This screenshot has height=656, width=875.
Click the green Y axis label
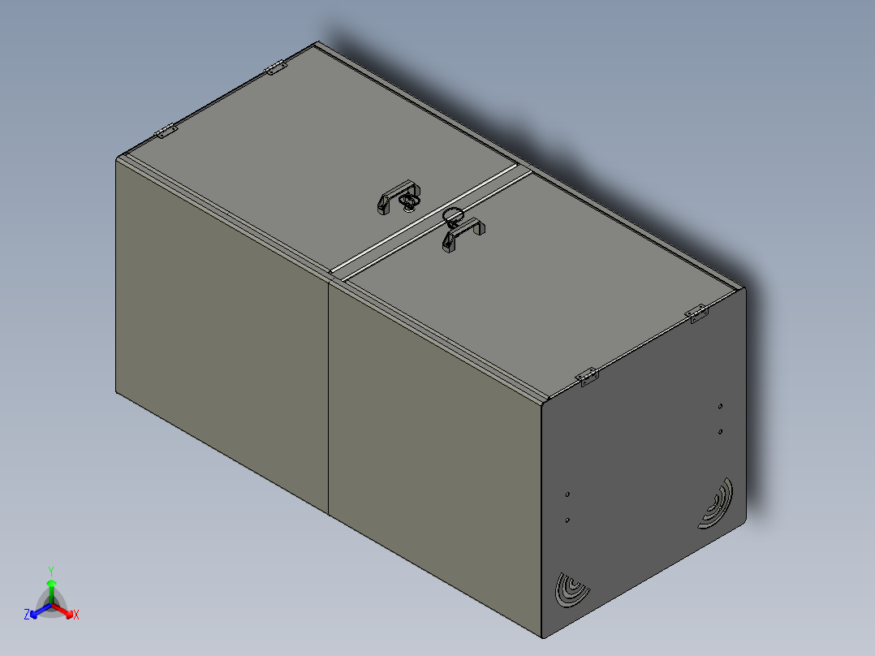[50, 571]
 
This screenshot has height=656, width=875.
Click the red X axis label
[76, 615]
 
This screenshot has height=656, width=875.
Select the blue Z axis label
[27, 615]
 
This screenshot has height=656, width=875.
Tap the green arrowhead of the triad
[50, 583]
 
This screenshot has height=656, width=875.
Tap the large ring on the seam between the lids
[452, 214]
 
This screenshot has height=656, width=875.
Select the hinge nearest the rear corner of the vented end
[696, 313]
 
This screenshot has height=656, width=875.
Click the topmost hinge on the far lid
[277, 68]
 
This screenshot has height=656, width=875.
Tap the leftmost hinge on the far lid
[166, 131]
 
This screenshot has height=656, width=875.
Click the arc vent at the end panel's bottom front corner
[571, 589]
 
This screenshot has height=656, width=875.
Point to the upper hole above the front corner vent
[567, 493]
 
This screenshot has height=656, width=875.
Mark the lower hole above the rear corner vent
[720, 432]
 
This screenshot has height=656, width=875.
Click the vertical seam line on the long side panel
[329, 398]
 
